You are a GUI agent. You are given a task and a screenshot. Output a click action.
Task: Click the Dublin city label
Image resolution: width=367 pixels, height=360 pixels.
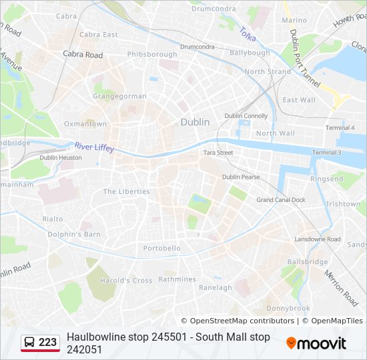point(195,122)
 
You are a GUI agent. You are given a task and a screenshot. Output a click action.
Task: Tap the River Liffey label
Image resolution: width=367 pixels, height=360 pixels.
point(94,147)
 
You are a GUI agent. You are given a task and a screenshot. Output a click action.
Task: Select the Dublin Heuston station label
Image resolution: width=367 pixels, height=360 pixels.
point(61,158)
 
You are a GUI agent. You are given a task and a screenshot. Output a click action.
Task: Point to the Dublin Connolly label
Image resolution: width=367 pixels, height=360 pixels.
point(246,116)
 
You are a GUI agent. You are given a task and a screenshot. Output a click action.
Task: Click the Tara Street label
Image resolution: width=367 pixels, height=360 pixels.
point(218,153)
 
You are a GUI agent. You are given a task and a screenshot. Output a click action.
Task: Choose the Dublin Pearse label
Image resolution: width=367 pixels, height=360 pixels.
point(241,177)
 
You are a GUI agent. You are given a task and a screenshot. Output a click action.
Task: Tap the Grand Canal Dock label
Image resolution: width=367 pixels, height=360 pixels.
point(281,200)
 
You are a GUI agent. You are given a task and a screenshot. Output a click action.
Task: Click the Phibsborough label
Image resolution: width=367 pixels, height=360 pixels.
point(151,54)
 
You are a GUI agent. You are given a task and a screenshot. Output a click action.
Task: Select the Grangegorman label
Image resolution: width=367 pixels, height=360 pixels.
point(119,96)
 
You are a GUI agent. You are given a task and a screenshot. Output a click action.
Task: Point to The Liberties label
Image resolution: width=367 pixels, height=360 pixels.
point(126,191)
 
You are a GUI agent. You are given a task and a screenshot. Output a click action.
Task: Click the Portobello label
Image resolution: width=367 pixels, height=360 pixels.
point(161,249)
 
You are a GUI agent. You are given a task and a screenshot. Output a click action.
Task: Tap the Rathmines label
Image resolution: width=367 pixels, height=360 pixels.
point(177,279)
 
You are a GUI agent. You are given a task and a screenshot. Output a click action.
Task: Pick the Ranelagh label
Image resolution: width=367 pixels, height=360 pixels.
point(216,288)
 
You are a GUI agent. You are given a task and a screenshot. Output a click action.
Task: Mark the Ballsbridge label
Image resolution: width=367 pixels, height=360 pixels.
point(307,262)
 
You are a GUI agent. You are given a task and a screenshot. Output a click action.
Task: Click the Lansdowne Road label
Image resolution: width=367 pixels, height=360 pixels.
point(318,239)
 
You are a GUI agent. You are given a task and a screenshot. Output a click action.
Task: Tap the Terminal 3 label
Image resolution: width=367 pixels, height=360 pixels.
point(326,153)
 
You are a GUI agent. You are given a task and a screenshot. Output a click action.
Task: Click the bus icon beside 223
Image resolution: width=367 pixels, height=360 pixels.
point(29,343)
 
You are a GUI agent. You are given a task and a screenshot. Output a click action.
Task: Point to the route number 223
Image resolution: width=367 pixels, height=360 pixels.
point(48,343)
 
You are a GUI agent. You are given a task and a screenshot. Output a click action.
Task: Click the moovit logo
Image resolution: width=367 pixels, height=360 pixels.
point(316,343)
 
